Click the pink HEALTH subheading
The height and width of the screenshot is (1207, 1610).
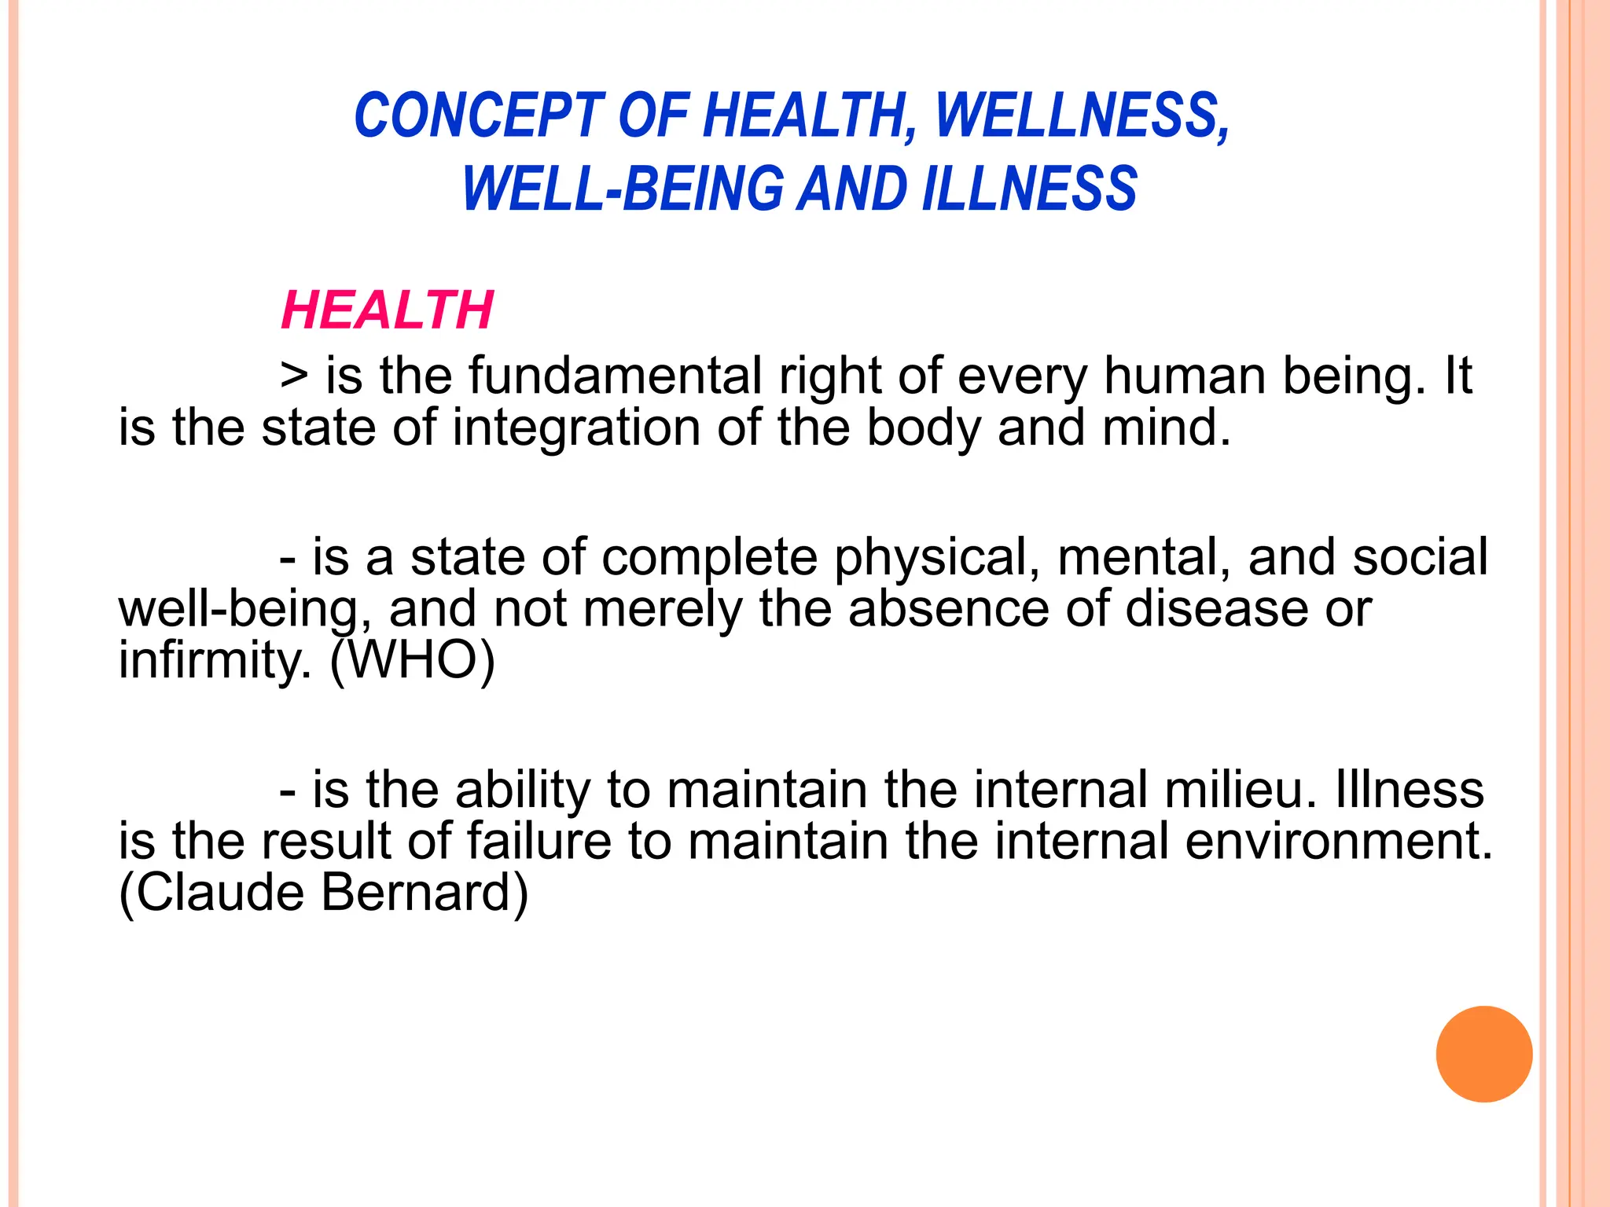[x=388, y=310]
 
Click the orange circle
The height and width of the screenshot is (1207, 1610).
[x=1483, y=1054]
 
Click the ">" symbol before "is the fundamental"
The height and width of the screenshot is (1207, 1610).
[x=294, y=376]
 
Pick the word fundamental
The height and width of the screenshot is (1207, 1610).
[x=615, y=376]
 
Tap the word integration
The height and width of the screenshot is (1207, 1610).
[x=575, y=428]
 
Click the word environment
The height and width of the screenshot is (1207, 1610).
[x=1338, y=842]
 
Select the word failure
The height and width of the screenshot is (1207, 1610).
[x=539, y=842]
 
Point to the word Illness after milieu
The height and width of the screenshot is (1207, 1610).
[x=1410, y=790]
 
